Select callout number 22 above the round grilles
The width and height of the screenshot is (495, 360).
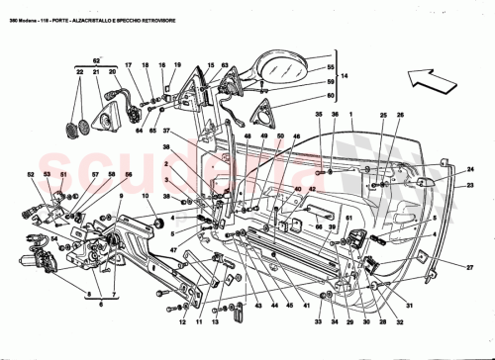point(79,73)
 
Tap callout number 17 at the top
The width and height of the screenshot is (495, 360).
point(128,66)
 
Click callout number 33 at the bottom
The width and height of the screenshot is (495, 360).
point(319,322)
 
